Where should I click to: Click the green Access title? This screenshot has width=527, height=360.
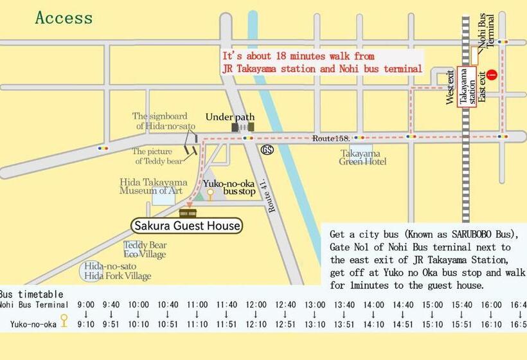64,17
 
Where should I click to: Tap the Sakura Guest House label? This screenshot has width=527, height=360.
186,226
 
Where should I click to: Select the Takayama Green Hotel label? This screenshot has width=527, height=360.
363,157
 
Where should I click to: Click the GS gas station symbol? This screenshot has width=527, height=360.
267,149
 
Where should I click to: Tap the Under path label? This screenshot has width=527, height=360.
230,117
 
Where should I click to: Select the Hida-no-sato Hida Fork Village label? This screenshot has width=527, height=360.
118,271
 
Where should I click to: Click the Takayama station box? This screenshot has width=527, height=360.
467,88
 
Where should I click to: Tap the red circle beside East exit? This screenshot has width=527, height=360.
492,75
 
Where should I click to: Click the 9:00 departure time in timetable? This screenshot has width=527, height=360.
85,304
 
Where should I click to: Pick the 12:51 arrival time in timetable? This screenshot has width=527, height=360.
285,325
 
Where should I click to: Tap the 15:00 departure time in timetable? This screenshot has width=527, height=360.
433,304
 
